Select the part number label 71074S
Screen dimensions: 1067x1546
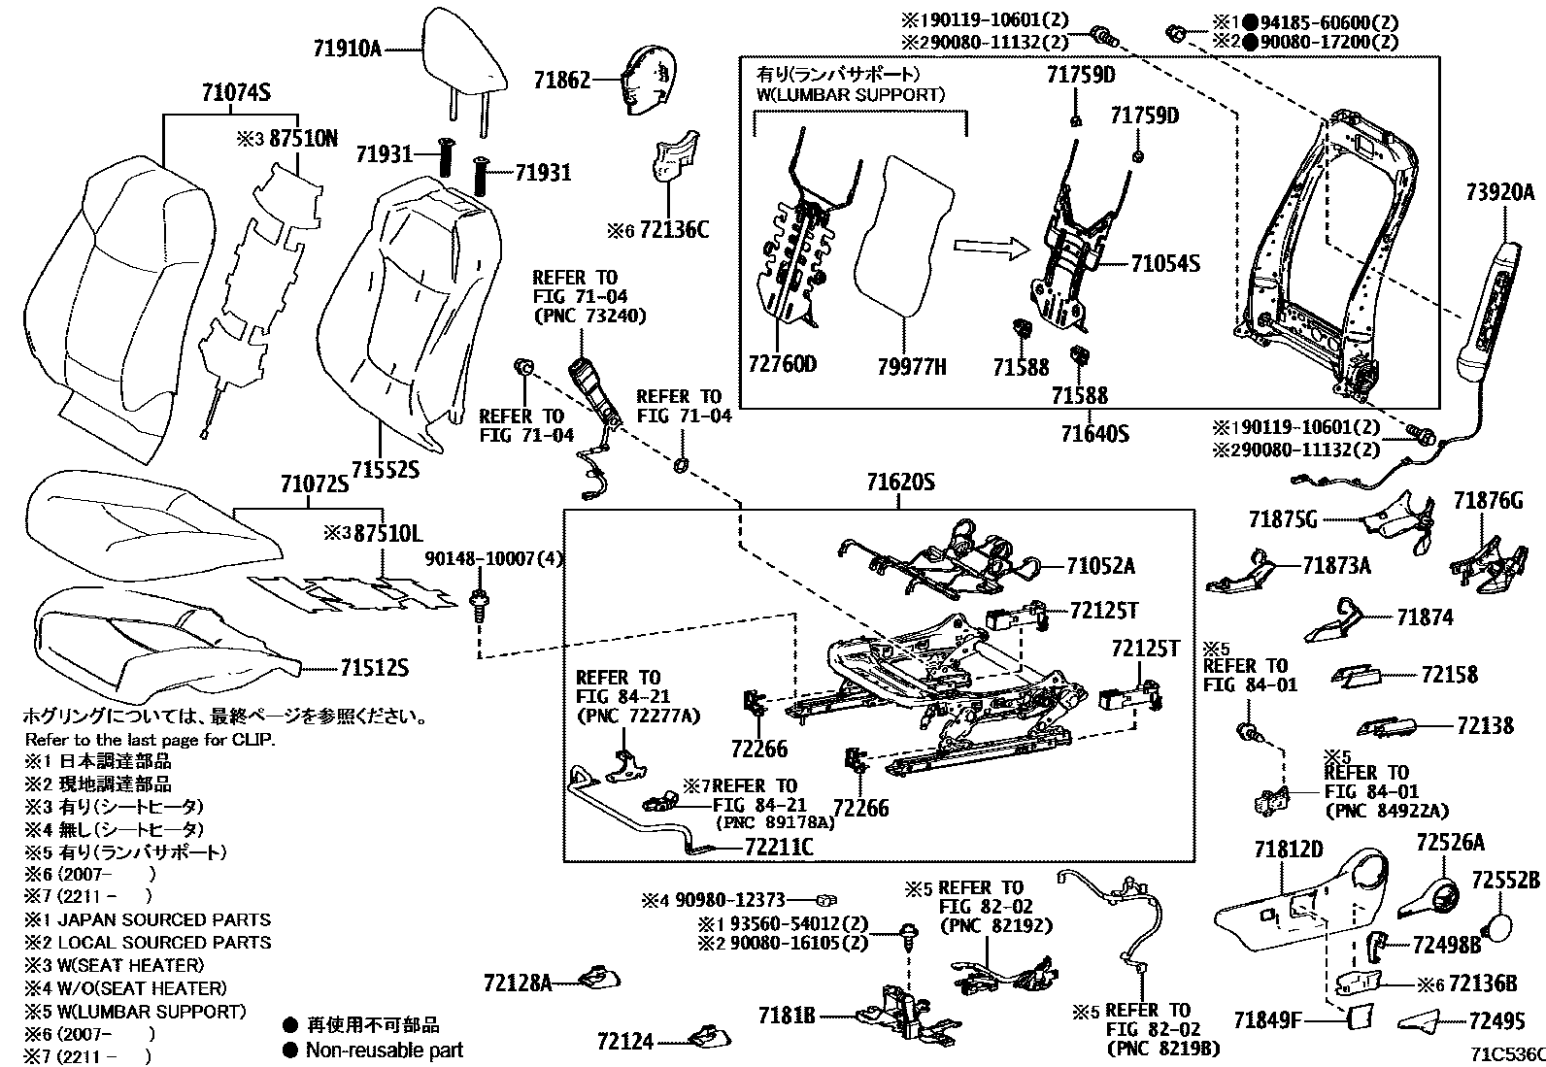(x=235, y=93)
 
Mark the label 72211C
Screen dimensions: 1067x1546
(x=779, y=847)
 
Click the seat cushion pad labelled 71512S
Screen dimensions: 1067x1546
(x=155, y=631)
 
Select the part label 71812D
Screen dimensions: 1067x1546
(x=1288, y=851)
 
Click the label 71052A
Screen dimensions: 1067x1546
(x=1100, y=567)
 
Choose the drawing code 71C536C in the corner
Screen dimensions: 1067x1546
(x=1505, y=1054)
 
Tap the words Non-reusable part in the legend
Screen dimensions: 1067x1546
(x=384, y=1050)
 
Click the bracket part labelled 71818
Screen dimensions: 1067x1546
(x=788, y=1016)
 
